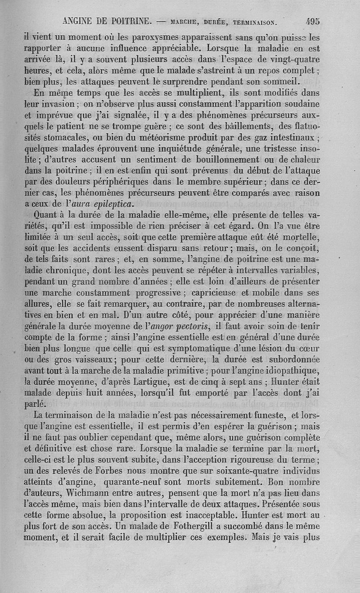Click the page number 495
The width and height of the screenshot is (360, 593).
point(312,21)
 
